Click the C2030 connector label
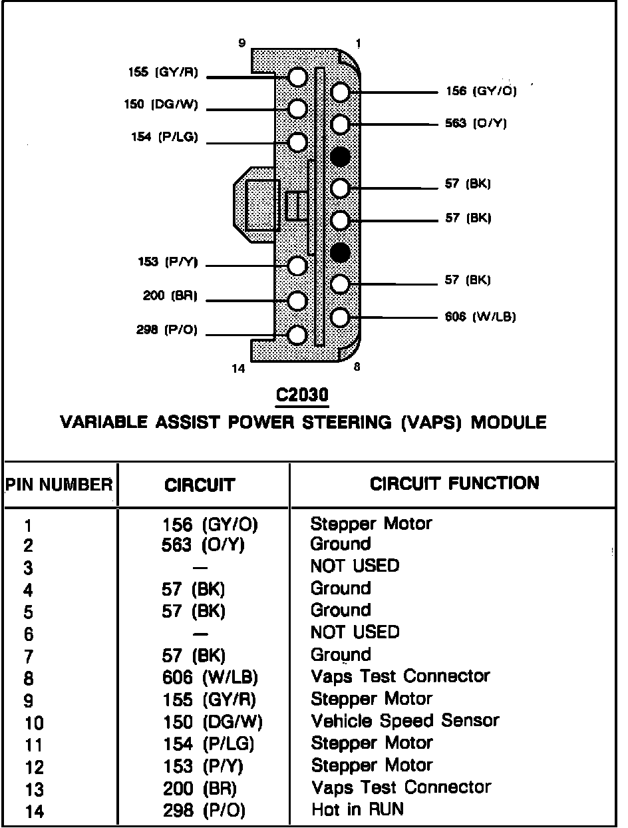[x=303, y=396]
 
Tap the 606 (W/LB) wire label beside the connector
[x=480, y=316]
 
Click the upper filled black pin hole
[x=340, y=156]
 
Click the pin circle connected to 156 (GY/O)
[x=340, y=92]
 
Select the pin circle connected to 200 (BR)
[x=297, y=300]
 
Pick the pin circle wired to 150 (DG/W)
[x=297, y=108]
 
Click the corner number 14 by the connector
[x=238, y=368]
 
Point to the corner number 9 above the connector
[x=242, y=44]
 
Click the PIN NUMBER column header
[x=59, y=485]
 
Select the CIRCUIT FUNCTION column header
[x=454, y=483]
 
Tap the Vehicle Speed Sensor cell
[x=404, y=721]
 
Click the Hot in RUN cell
[x=357, y=809]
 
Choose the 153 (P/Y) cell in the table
[x=203, y=766]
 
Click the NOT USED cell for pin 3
[x=355, y=566]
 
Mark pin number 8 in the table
[x=28, y=679]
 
